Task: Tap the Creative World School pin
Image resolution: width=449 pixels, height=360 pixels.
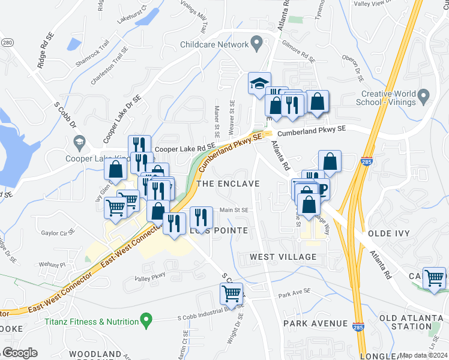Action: pos(423,95)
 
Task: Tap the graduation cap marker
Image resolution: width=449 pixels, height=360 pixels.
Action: pos(260,83)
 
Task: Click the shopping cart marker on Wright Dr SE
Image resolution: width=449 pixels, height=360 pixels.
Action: pos(231,293)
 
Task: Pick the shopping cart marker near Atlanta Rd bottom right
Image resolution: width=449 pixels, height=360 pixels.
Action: pos(434,278)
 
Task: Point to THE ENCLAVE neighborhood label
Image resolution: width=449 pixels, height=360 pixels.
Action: pos(229,184)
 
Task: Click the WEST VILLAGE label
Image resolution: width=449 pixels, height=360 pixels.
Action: pos(283,257)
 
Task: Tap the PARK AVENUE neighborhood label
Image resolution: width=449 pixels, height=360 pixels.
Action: pos(316,323)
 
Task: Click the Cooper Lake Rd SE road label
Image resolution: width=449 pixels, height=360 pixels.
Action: pos(185,148)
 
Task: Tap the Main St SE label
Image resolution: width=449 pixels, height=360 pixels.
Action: pos(234,210)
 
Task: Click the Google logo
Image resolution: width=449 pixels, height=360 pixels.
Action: pos(20,353)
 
